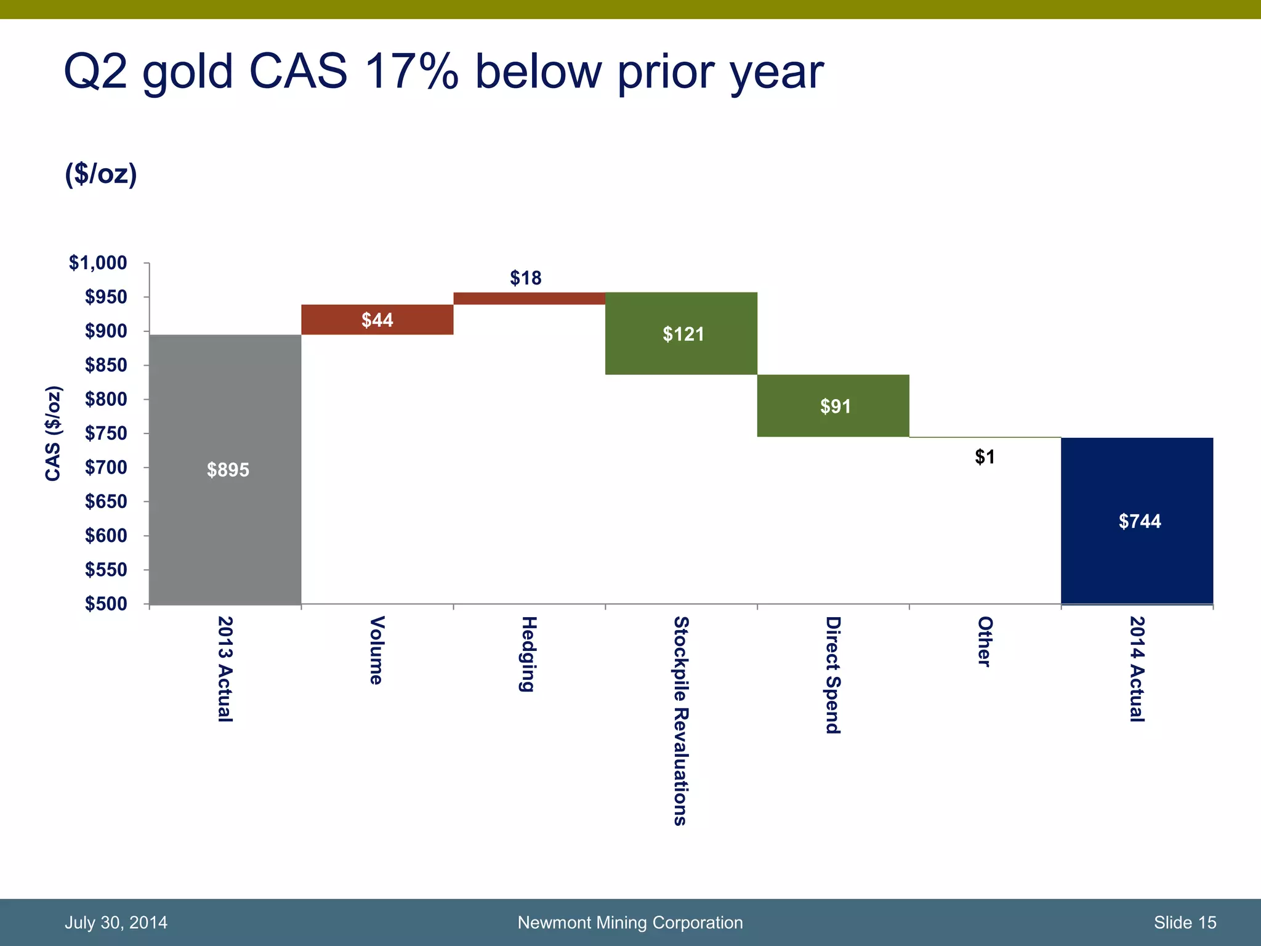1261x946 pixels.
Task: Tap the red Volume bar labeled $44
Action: coord(377,320)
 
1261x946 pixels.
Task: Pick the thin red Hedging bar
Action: coord(529,299)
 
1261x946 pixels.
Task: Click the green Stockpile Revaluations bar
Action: coord(681,354)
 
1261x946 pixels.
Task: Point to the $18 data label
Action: coord(525,278)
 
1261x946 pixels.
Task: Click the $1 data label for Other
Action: coord(985,457)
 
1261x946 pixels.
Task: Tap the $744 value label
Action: coord(1139,522)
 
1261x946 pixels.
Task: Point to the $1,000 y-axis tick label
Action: coord(98,263)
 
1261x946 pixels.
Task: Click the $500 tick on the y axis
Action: coord(106,604)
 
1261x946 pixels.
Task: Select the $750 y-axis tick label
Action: coord(106,434)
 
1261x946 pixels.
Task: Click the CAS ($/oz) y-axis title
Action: coord(54,433)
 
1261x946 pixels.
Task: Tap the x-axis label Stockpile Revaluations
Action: coord(680,721)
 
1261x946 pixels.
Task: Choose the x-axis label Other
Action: coord(985,641)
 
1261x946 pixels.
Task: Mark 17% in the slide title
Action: coord(411,72)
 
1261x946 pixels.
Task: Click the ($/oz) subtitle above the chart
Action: coord(101,174)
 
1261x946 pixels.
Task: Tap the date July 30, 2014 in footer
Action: coord(116,923)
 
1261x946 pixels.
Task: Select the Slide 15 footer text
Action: coord(1185,923)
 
